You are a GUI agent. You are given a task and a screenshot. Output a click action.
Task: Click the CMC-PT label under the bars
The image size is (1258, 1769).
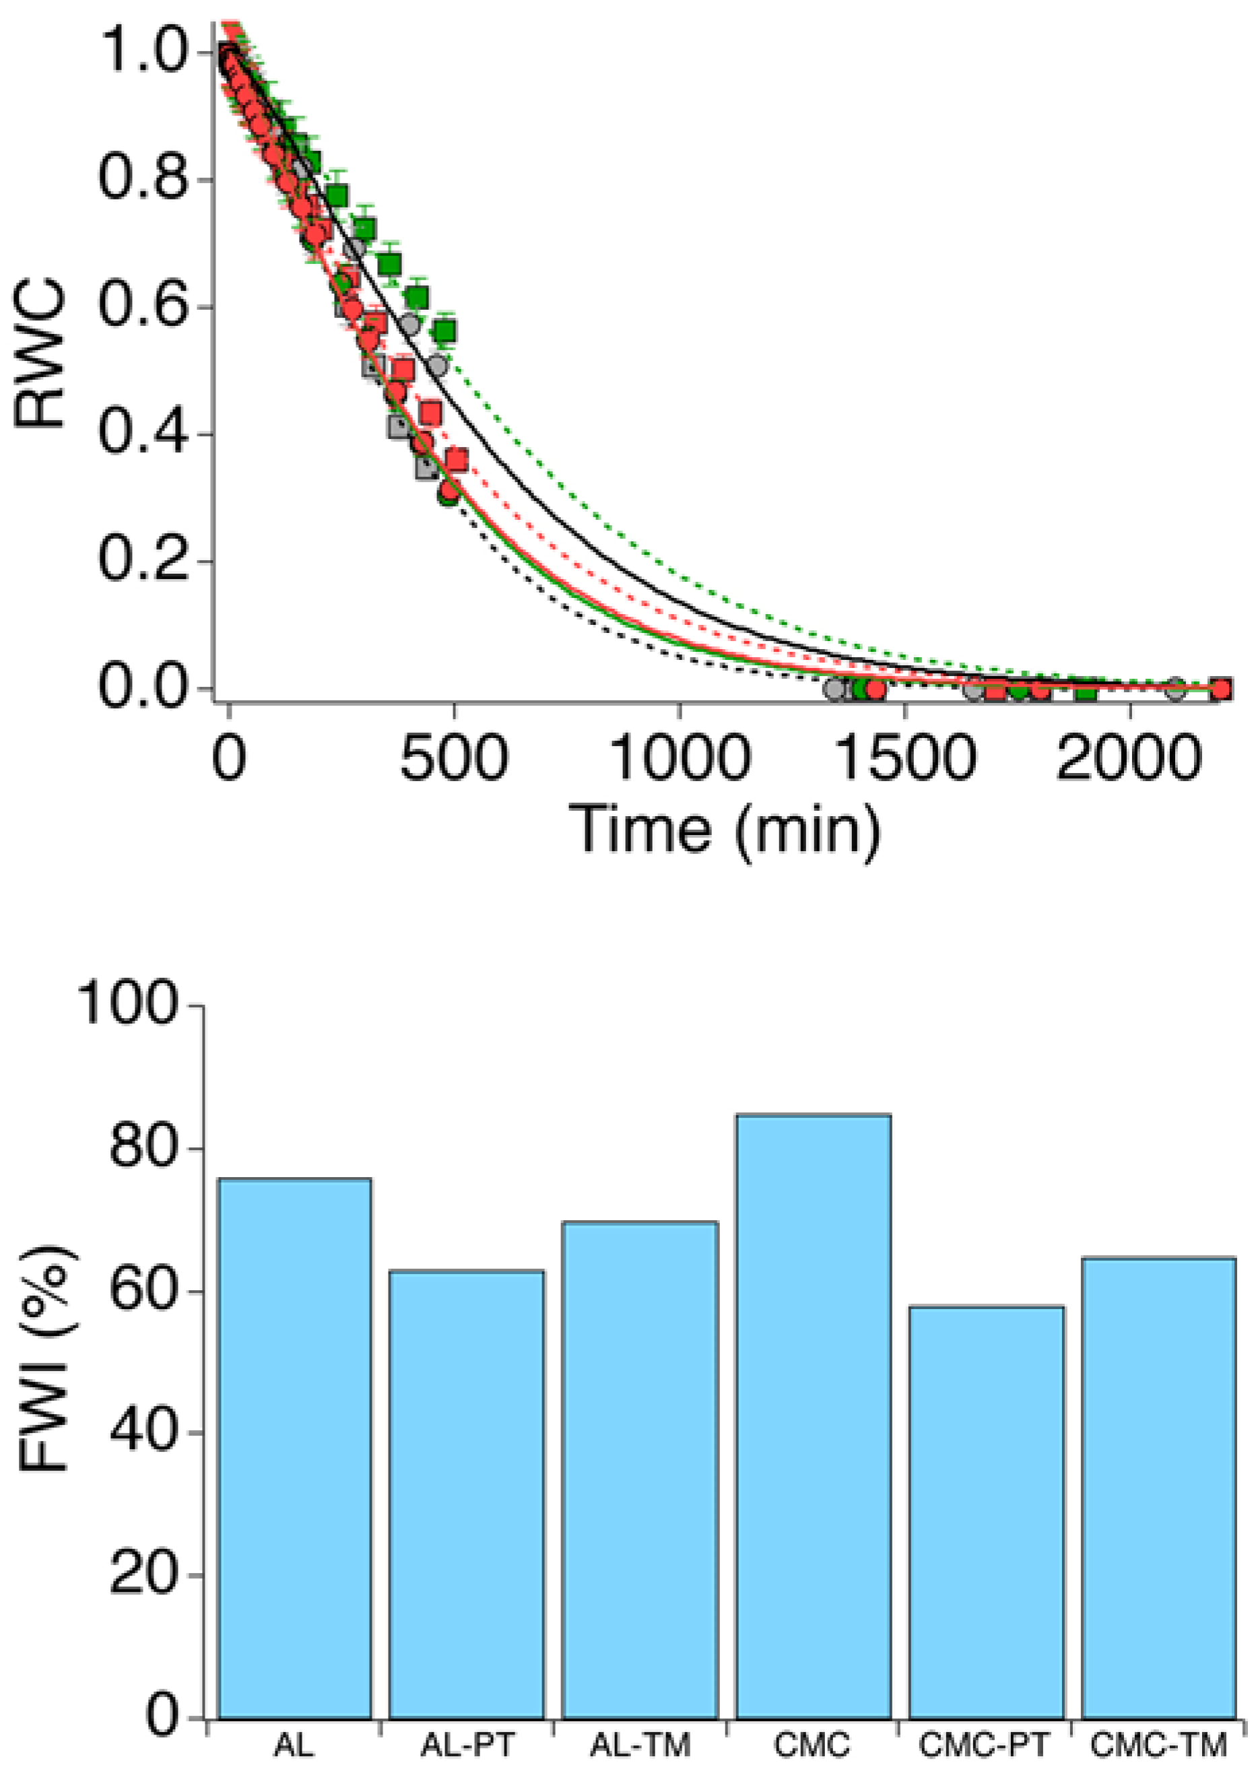tap(984, 1745)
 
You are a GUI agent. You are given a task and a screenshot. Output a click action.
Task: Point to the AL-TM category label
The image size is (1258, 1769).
tap(640, 1745)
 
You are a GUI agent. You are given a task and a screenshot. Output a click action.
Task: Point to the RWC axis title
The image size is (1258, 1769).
tap(40, 352)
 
